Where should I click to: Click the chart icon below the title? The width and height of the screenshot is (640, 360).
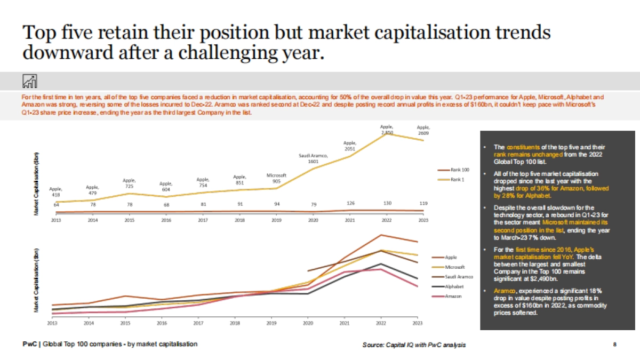30,81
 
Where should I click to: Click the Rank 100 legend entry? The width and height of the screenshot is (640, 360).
459,170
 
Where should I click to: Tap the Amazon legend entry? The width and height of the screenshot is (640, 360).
453,295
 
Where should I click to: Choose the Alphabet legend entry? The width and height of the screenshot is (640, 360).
454,286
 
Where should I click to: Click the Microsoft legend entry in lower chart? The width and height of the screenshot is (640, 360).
454,267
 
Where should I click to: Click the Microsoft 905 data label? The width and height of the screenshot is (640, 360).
276,178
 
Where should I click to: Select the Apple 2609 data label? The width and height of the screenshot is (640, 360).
423,130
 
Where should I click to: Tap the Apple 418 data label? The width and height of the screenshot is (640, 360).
55,192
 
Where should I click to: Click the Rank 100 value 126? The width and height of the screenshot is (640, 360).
350,203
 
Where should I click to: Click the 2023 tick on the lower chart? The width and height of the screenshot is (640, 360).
418,323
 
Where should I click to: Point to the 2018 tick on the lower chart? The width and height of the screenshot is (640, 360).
235,323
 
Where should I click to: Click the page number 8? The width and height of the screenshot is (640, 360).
615,345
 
